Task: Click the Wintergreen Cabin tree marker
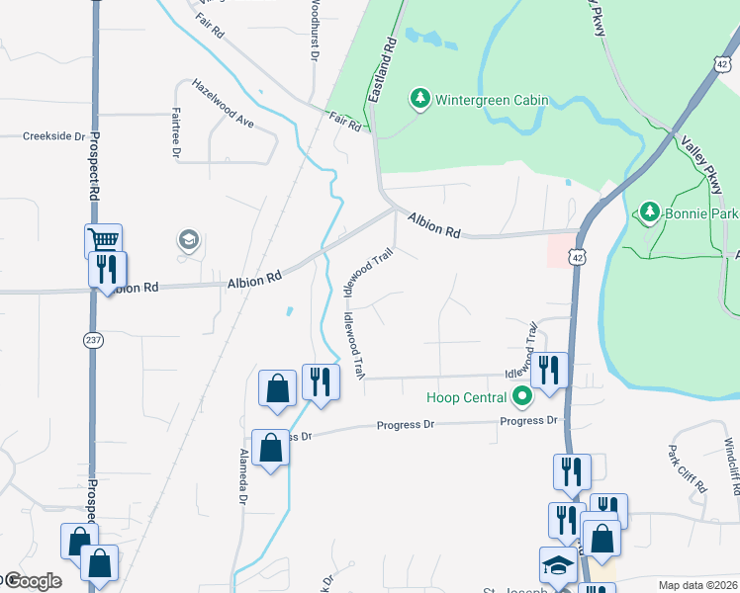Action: (420, 99)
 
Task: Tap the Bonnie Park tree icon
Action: (649, 212)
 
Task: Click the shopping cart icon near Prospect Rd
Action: (103, 239)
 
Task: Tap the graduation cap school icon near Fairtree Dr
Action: (188, 240)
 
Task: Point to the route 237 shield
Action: (93, 339)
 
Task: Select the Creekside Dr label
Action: (54, 136)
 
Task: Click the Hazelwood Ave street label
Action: (224, 103)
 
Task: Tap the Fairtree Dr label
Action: (175, 132)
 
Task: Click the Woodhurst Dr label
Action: (314, 30)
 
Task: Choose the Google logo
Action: (33, 581)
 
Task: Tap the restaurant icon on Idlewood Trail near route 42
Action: (549, 371)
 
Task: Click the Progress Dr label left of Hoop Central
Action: (405, 425)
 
